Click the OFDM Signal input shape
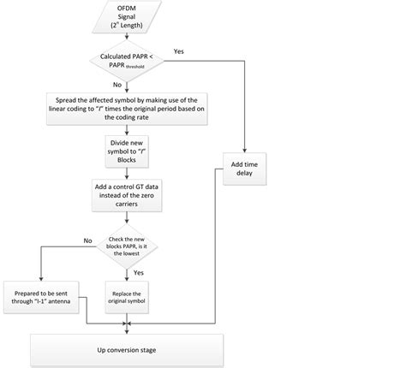tap(127, 18)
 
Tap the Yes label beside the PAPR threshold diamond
tap(178, 50)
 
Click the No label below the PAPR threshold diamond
tap(117, 85)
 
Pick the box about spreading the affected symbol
tap(127, 109)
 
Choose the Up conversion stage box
tap(127, 351)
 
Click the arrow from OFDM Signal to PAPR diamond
tap(127, 38)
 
